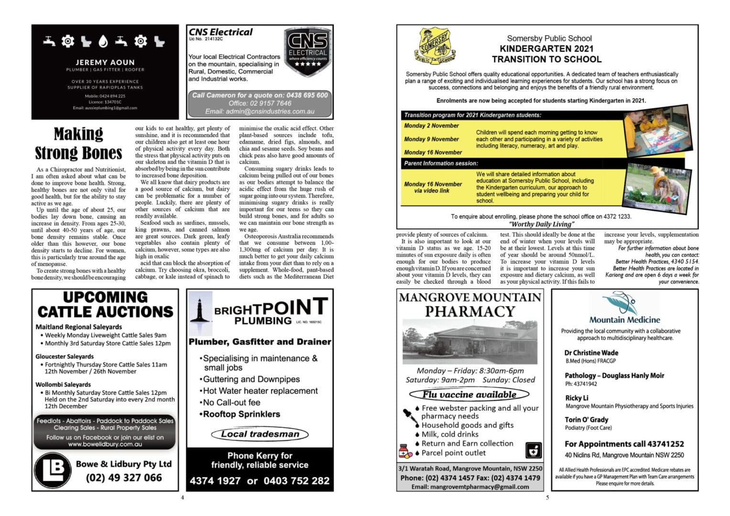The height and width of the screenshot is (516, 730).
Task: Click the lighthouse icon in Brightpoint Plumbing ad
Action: click(x=198, y=309)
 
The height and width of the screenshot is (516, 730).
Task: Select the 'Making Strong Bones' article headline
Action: click(x=78, y=143)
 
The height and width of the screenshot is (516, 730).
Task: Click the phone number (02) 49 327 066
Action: click(x=124, y=477)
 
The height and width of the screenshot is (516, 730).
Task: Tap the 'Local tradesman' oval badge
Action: click(x=260, y=434)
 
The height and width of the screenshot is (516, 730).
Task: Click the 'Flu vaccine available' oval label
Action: click(x=469, y=395)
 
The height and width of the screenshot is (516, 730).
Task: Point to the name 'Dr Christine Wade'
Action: click(x=591, y=353)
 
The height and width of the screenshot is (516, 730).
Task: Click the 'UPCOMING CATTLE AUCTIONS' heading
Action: click(x=105, y=304)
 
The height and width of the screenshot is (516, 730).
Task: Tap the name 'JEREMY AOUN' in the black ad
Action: click(x=105, y=62)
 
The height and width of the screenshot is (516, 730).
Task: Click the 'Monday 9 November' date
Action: click(x=431, y=139)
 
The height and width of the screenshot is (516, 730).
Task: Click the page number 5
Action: click(x=547, y=497)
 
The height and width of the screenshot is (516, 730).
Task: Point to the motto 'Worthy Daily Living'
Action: click(x=541, y=224)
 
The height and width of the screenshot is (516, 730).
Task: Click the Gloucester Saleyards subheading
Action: click(x=65, y=356)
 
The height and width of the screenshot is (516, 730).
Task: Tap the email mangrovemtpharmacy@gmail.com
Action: click(x=470, y=487)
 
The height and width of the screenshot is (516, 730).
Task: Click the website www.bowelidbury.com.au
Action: click(x=105, y=444)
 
